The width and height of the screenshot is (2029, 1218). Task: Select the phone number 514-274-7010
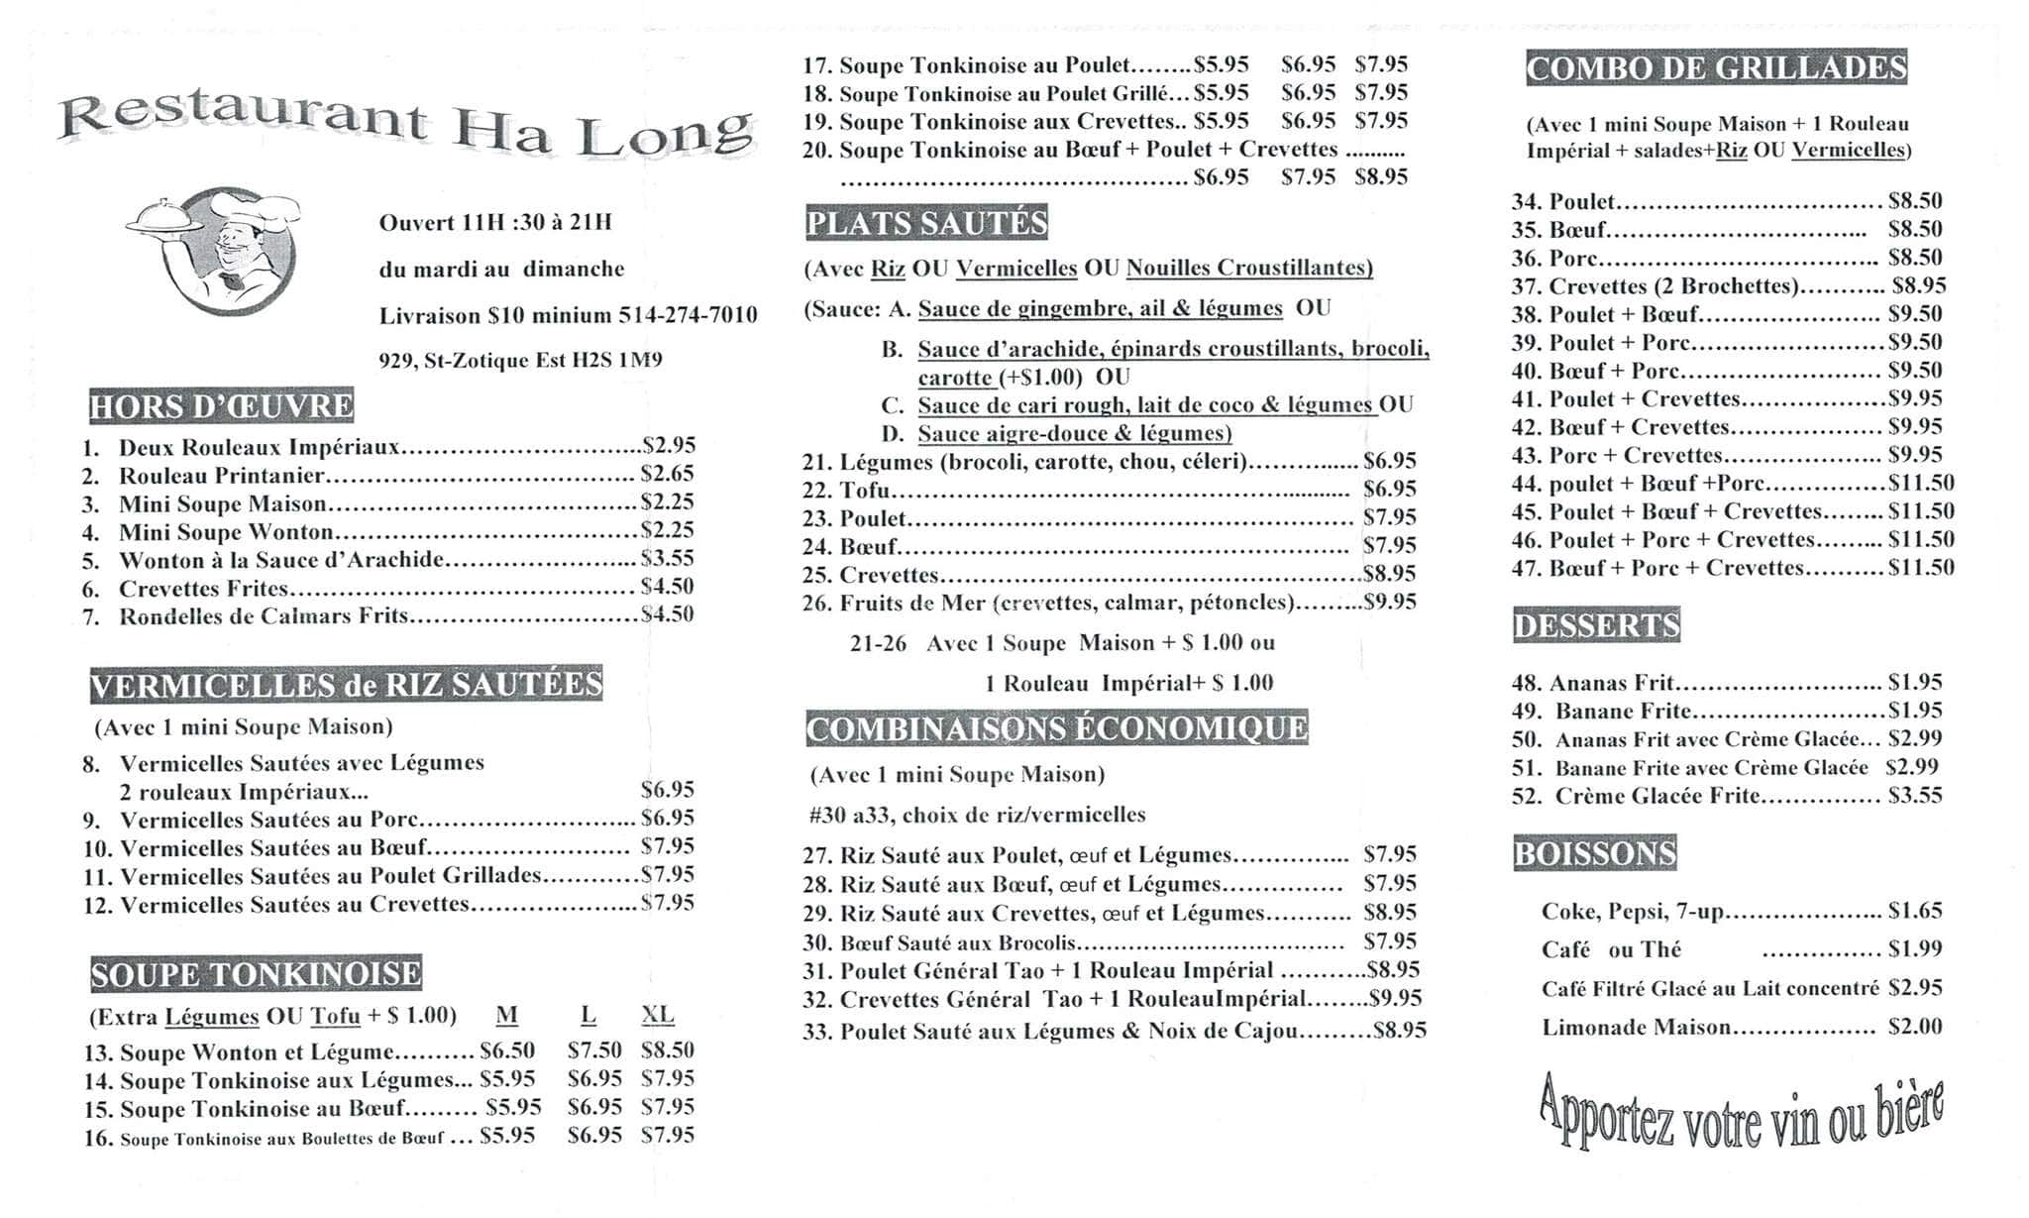coord(688,315)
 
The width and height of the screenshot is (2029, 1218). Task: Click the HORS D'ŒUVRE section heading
coord(221,406)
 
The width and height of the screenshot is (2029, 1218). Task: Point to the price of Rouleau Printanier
coord(667,474)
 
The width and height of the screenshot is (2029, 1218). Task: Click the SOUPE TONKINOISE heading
coord(256,974)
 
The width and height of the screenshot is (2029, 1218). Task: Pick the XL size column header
coord(657,1015)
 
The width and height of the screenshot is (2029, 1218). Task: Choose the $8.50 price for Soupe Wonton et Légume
coord(667,1051)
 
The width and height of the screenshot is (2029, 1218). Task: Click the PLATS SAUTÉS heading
coord(926,223)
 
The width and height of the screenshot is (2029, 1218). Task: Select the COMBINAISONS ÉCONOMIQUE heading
coord(1056,728)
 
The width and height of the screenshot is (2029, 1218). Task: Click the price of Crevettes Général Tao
coord(1395,999)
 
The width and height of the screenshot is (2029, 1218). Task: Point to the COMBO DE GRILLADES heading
coord(1716,67)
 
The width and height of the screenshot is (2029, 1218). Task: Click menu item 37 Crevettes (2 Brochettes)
coord(1672,286)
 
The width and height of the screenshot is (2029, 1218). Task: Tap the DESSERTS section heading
coord(1596,625)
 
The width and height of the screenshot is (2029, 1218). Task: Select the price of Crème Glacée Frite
coord(1915,796)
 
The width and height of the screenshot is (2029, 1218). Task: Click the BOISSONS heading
coord(1594,853)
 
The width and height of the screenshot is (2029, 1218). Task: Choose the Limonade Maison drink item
coord(1636,1028)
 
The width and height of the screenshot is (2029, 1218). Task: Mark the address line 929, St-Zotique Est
coord(520,361)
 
